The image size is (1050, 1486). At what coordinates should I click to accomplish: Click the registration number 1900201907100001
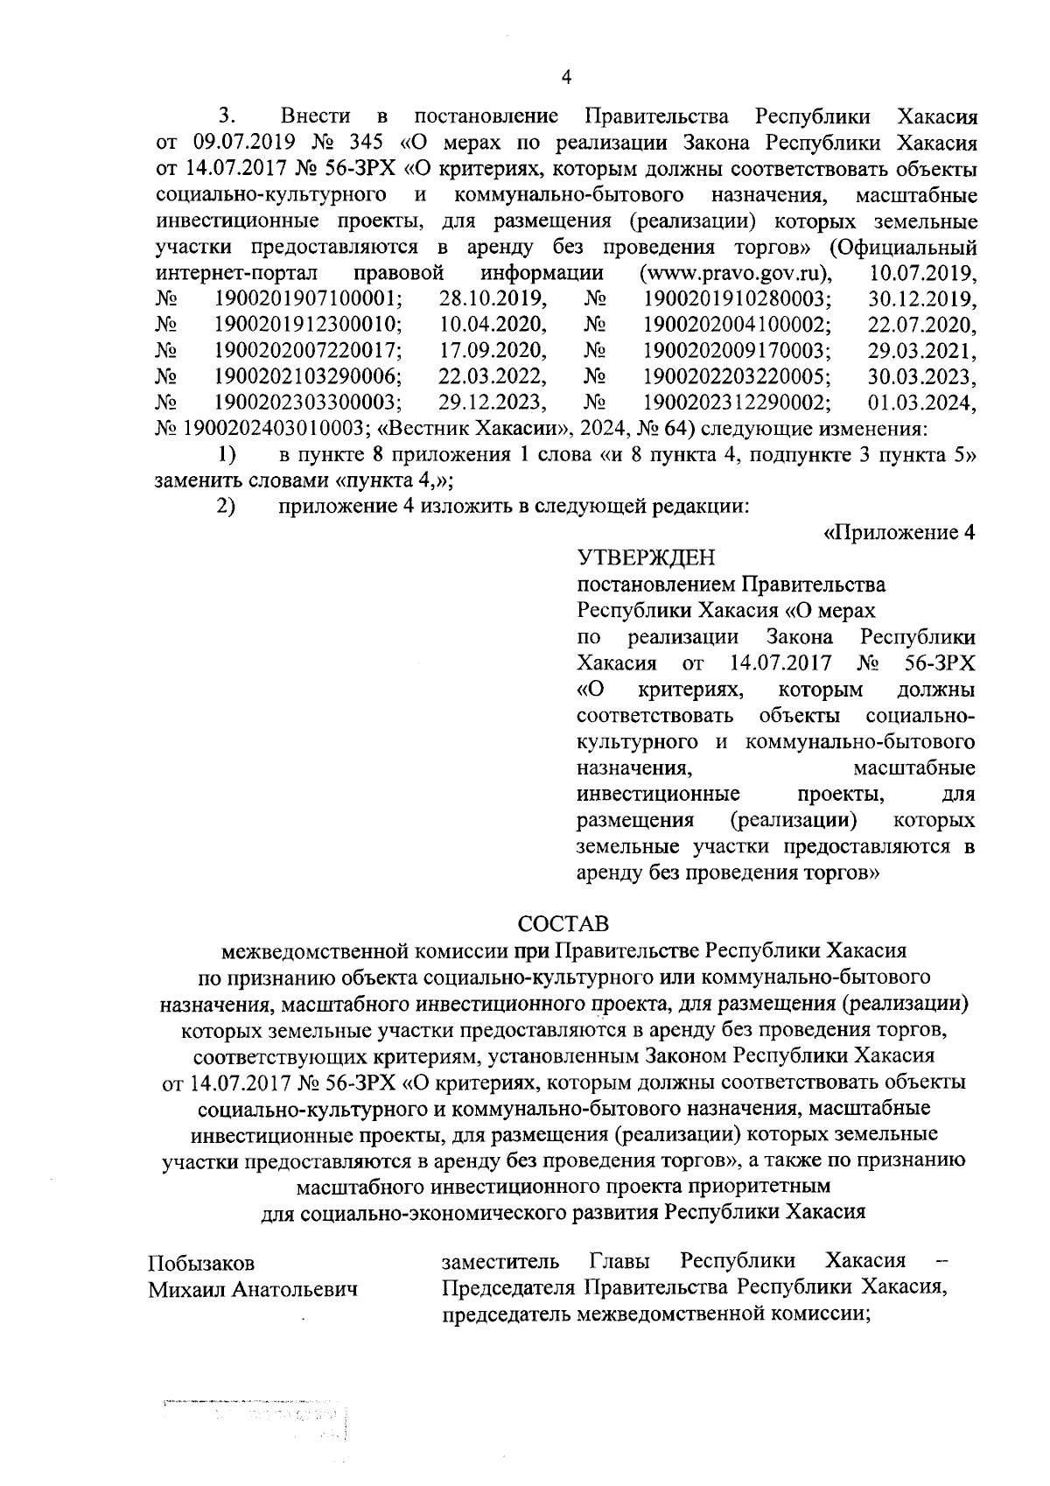(x=308, y=298)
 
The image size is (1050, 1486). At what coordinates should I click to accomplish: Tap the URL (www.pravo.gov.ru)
(x=736, y=271)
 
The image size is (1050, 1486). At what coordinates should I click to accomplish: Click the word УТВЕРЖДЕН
(x=646, y=557)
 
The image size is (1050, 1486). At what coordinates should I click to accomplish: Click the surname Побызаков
(x=201, y=1263)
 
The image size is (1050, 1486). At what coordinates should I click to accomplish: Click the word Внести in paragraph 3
(x=315, y=115)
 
